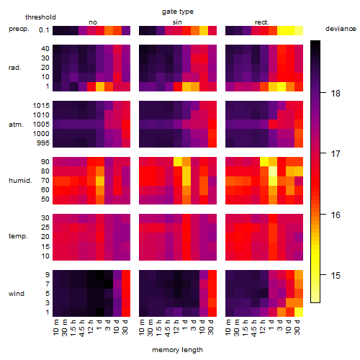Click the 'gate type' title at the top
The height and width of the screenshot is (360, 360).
click(178, 12)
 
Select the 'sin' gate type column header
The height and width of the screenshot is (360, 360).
click(177, 22)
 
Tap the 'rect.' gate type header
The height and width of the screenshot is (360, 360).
click(262, 22)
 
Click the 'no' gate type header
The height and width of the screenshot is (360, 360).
click(93, 22)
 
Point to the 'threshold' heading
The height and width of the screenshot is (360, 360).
click(40, 17)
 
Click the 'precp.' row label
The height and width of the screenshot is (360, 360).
click(19, 29)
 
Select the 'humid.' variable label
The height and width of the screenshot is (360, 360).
click(20, 181)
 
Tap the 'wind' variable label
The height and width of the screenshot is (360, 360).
click(17, 294)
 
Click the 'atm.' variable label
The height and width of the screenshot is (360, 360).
click(16, 125)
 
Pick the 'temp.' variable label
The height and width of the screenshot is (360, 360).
click(18, 236)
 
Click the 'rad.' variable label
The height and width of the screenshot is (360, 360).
click(15, 68)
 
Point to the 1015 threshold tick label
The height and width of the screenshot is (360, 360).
click(41, 106)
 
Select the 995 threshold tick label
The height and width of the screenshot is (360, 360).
click(43, 143)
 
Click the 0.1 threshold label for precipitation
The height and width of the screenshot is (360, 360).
click(44, 30)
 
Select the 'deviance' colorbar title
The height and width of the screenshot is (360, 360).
click(341, 29)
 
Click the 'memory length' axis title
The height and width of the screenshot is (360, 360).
click(178, 350)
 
